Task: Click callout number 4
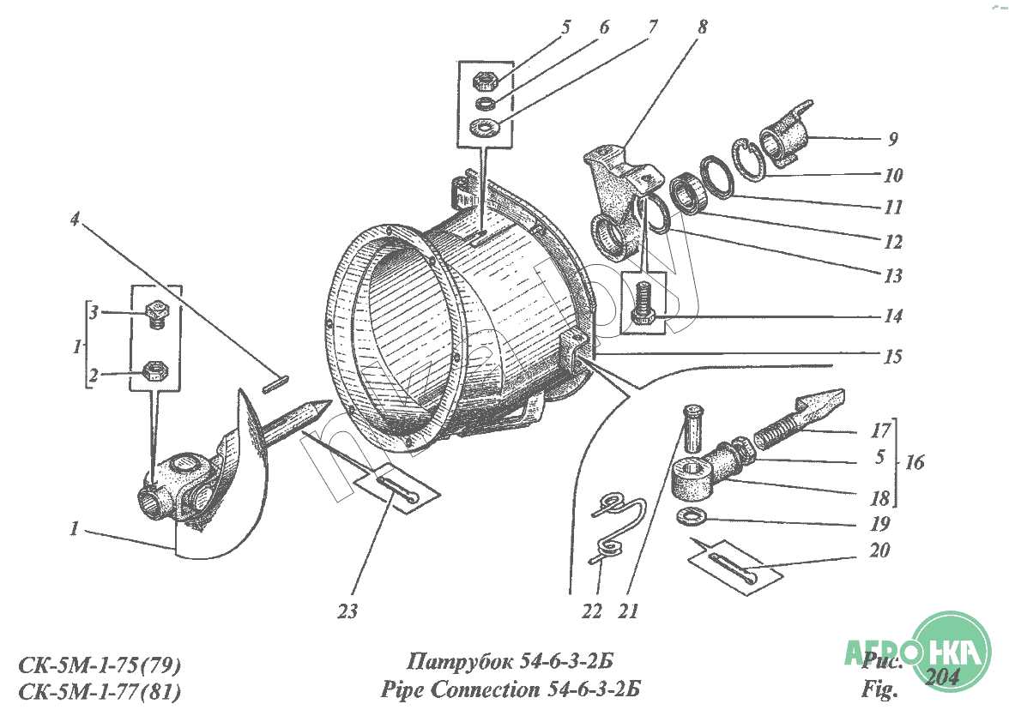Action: pos(76,220)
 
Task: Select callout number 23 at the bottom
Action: pos(347,612)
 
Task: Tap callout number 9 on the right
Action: pos(893,138)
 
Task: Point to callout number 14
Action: pos(893,316)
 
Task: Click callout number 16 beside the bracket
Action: pos(915,463)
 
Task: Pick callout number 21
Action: pos(629,611)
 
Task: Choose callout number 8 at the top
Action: pos(703,27)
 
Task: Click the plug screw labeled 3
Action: pos(157,314)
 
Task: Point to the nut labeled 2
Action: pos(155,371)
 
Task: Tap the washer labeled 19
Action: pos(692,516)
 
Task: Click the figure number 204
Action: pos(943,677)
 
